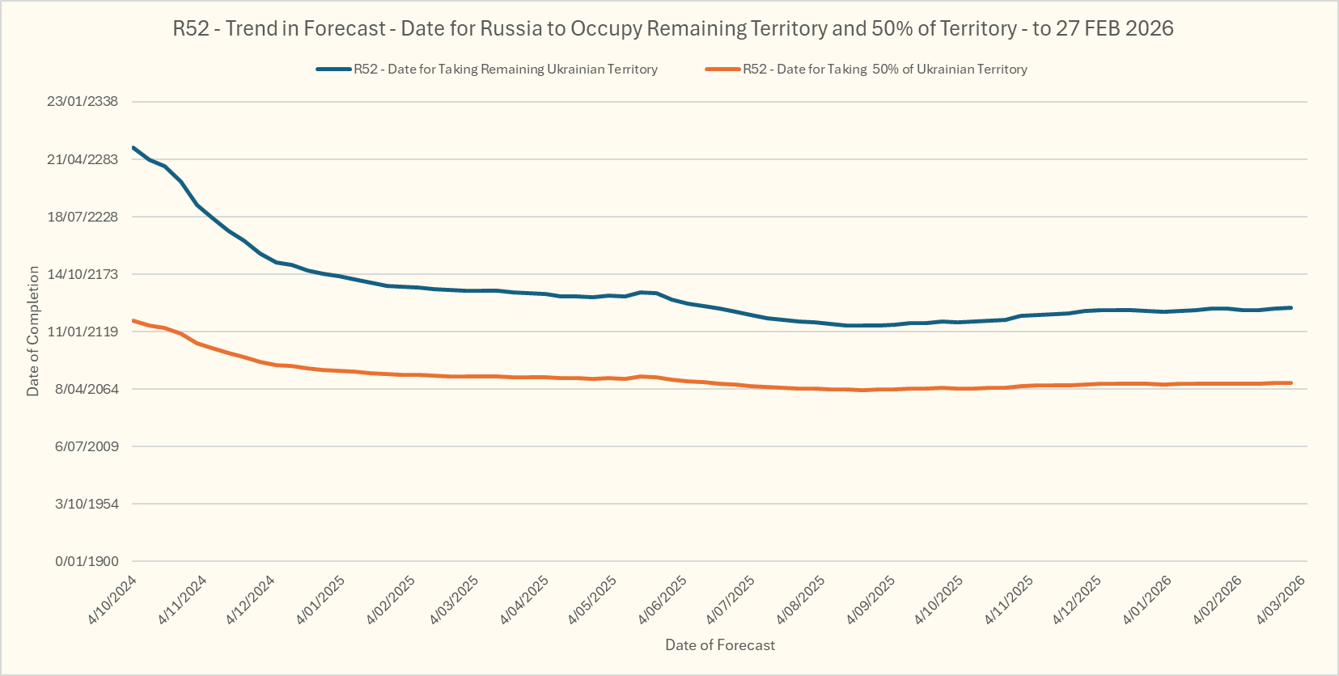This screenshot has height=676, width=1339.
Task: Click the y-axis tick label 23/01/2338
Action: click(83, 102)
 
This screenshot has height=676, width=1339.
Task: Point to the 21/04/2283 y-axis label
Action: click(83, 159)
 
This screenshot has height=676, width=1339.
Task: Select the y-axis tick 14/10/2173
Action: click(83, 274)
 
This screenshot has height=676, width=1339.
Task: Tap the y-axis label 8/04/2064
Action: click(87, 389)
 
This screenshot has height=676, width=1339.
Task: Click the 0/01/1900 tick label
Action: click(87, 561)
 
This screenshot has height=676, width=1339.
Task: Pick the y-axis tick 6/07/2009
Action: click(87, 446)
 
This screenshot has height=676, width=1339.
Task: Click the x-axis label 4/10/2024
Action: click(112, 599)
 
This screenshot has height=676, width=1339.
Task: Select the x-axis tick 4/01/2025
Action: click(321, 599)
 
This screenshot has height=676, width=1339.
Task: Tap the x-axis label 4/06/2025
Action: click(663, 599)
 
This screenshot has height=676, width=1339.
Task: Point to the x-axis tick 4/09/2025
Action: click(871, 599)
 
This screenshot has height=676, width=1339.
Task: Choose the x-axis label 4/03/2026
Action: click(1281, 599)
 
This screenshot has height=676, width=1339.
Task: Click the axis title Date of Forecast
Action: click(720, 645)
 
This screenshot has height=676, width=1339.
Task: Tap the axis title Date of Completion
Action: click(33, 332)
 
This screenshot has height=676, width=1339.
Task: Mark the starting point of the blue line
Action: click(133, 147)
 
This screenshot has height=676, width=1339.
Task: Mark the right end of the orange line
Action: click(1291, 383)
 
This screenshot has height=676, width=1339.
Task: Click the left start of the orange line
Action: click(133, 321)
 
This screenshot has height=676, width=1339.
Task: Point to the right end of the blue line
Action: click(1291, 307)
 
